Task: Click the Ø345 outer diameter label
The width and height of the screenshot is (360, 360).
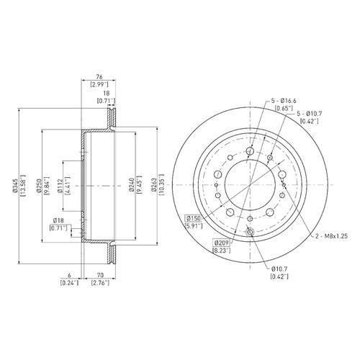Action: click(x=16, y=186)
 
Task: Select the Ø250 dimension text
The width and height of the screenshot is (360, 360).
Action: click(x=38, y=186)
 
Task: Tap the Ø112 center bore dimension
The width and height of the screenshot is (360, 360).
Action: click(x=60, y=186)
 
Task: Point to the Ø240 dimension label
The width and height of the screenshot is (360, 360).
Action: click(x=131, y=186)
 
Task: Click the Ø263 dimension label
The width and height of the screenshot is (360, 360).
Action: click(x=154, y=186)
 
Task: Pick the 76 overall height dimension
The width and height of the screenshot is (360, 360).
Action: click(x=99, y=77)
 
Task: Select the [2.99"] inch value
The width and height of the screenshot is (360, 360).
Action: click(x=99, y=84)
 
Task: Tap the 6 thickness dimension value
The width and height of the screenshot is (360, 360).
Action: click(x=70, y=275)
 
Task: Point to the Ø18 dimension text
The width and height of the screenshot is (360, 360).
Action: click(x=58, y=220)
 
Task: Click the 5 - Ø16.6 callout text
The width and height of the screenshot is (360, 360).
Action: click(x=284, y=101)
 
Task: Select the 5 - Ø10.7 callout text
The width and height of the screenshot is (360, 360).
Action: click(x=310, y=114)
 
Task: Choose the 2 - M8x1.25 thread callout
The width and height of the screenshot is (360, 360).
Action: click(x=331, y=236)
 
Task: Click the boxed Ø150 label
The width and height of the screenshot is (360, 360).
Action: click(x=194, y=219)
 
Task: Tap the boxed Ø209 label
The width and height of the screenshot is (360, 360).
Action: click(x=222, y=243)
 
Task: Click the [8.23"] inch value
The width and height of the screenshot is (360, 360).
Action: click(x=222, y=251)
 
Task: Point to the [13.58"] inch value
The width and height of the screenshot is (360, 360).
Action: click(x=23, y=186)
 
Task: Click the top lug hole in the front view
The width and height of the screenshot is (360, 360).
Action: click(x=250, y=151)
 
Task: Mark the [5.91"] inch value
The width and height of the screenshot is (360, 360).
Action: click(x=194, y=226)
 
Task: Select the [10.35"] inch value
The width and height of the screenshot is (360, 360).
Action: click(x=161, y=186)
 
